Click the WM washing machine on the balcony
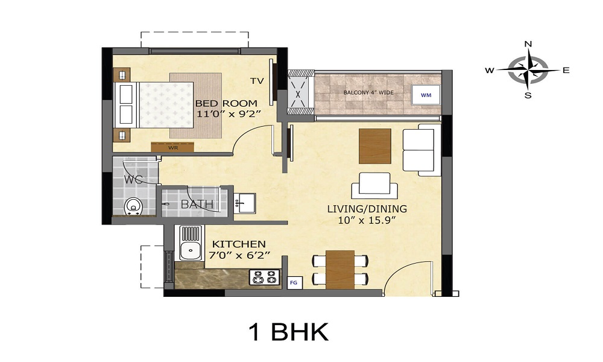426,95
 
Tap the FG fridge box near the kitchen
294,282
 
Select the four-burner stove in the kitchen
265,277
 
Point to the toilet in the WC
133,206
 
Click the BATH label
197,205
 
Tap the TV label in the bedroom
257,81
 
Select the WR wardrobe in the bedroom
172,147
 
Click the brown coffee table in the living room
374,146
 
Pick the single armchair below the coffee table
374,185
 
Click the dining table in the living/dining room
340,269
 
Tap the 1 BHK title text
288,332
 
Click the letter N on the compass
528,44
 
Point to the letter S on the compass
528,95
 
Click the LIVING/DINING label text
367,209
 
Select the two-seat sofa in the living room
418,150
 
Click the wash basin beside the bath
244,202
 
